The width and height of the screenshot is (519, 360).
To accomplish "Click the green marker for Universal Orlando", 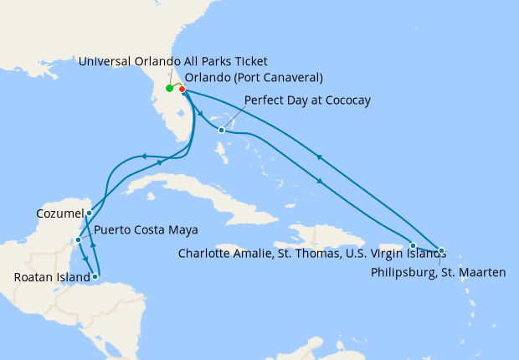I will [x=170, y=88].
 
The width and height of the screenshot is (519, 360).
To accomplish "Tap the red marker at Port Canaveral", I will [x=182, y=90].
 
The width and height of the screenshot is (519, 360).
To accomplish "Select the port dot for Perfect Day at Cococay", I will [x=221, y=130].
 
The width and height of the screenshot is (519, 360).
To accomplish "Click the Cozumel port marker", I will [x=89, y=213].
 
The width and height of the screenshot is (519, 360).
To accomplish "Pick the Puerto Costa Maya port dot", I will [x=78, y=240].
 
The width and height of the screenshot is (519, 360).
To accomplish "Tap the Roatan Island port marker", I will [x=95, y=276].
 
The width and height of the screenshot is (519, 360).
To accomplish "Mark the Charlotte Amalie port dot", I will [x=413, y=245].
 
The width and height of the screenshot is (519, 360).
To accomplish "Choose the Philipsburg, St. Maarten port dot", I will [x=441, y=250].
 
